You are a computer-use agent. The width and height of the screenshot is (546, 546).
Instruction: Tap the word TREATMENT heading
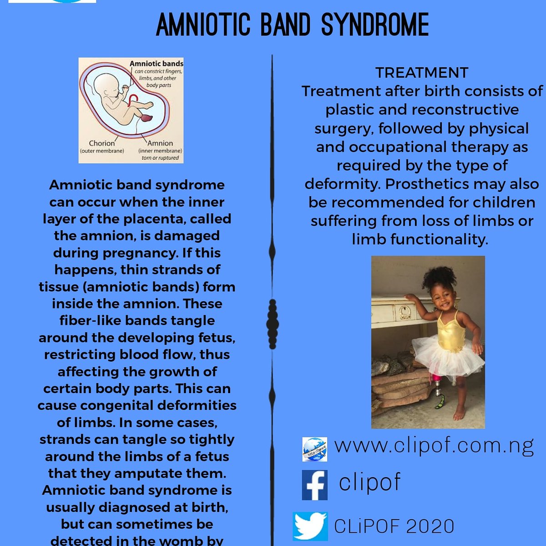422,73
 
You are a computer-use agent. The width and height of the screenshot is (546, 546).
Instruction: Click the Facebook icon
315,485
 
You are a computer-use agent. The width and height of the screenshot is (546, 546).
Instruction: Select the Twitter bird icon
310,526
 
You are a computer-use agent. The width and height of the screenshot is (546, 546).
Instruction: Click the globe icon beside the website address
315,450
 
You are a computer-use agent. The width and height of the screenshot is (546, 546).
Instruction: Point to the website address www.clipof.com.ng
434,446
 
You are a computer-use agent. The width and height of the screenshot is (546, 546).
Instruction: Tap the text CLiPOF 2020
394,526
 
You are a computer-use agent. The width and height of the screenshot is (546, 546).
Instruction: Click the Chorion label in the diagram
102,143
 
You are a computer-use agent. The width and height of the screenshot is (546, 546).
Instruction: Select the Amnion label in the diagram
160,143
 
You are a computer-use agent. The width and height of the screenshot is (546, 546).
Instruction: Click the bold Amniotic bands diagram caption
157,64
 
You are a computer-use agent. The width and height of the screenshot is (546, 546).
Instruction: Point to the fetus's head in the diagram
106,85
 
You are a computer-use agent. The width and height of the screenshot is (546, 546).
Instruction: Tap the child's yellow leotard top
450,330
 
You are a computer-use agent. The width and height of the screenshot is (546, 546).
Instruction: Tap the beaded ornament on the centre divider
273,323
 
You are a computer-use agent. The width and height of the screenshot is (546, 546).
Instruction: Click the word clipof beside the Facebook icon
369,482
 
